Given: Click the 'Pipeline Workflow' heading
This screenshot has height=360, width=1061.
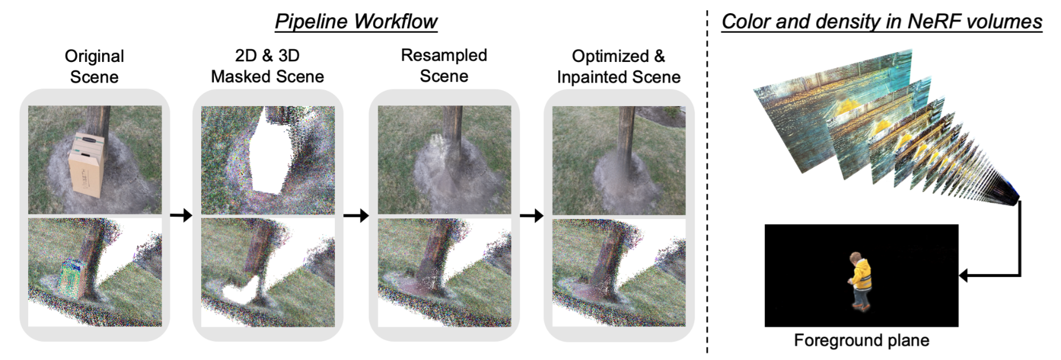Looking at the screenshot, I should coord(356,22).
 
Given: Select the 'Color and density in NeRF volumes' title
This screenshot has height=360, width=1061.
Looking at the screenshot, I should coord(881,22).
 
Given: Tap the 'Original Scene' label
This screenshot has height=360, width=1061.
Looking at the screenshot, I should coord(94,66).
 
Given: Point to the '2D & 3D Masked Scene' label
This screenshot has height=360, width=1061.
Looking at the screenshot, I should coord(267,66).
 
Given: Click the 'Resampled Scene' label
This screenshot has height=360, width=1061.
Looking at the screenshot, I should coord(444,65).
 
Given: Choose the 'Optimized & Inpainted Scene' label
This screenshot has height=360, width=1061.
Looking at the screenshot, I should coord(618,66).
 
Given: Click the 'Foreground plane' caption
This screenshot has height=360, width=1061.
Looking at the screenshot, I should coord(861,341).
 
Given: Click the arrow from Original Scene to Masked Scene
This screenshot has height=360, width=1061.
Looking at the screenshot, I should coord(181,216).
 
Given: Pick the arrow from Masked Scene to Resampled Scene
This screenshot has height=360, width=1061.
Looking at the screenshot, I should coord(356,216).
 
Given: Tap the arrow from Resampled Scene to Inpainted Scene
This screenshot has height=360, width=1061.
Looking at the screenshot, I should coord(531,216).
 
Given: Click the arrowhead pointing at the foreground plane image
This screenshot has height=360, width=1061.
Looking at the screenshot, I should coord(964,276).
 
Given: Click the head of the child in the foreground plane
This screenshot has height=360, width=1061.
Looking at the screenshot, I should coord(855,258).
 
